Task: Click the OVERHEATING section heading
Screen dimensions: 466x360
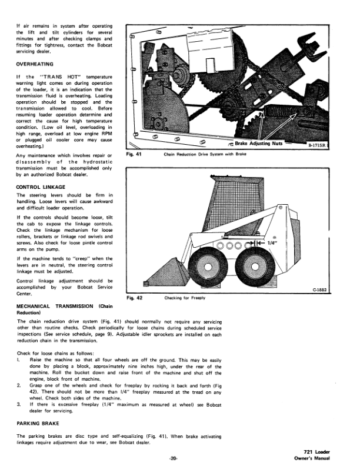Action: pyautogui.click(x=35, y=64)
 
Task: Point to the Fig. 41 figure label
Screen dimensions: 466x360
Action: pyautogui.click(x=134, y=155)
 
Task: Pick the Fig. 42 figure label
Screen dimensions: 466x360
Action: pyautogui.click(x=135, y=298)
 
